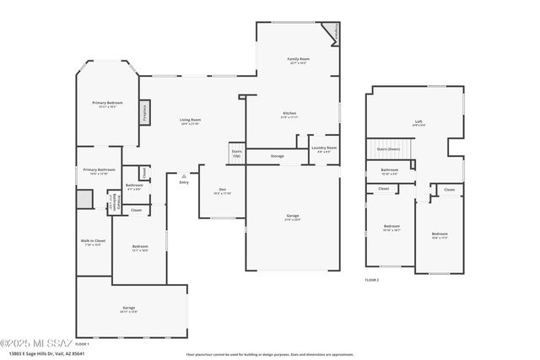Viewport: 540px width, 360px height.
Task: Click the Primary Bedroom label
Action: [108, 103]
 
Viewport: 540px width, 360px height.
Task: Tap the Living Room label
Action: [190, 120]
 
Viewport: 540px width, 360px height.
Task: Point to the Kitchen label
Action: [289, 114]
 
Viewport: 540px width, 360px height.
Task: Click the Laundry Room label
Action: [325, 148]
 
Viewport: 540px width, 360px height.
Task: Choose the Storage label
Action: [277, 156]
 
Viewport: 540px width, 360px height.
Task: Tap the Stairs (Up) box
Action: [236, 154]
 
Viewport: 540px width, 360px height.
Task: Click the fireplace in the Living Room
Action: [145, 113]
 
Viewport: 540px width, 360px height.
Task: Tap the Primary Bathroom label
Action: [99, 171]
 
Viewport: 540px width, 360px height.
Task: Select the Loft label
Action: [418, 122]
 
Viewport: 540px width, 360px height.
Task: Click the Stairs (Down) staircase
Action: [388, 148]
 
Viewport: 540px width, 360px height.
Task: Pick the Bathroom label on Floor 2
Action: [389, 170]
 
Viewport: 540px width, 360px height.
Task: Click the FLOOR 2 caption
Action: [372, 279]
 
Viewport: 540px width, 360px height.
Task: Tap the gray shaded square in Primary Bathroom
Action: [83, 199]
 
